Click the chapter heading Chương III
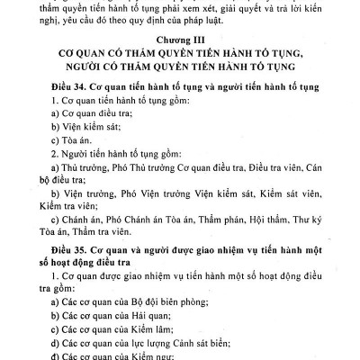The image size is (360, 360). (x=180, y=43)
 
